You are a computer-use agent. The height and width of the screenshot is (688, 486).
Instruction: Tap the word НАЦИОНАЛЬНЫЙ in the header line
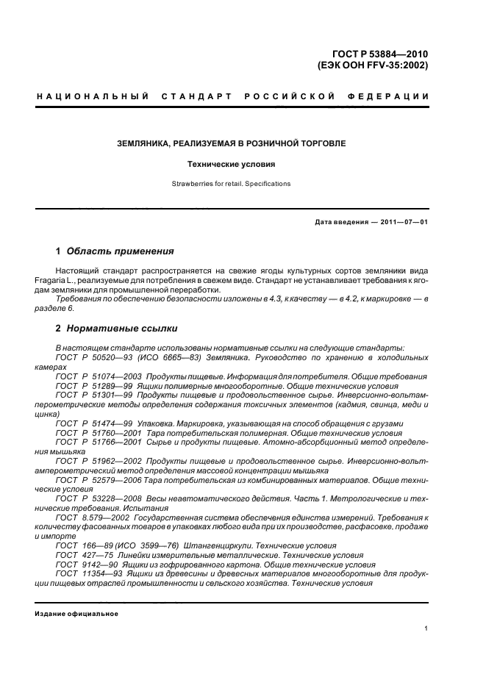coord(92,96)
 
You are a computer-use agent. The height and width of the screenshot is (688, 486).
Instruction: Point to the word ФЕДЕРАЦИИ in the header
coord(392,96)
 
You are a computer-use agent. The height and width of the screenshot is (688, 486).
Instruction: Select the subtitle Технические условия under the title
coord(232,165)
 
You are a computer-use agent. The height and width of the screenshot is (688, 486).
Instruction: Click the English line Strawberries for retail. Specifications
coord(232,184)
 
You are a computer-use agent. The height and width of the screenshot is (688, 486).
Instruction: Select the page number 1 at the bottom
coord(426,628)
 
